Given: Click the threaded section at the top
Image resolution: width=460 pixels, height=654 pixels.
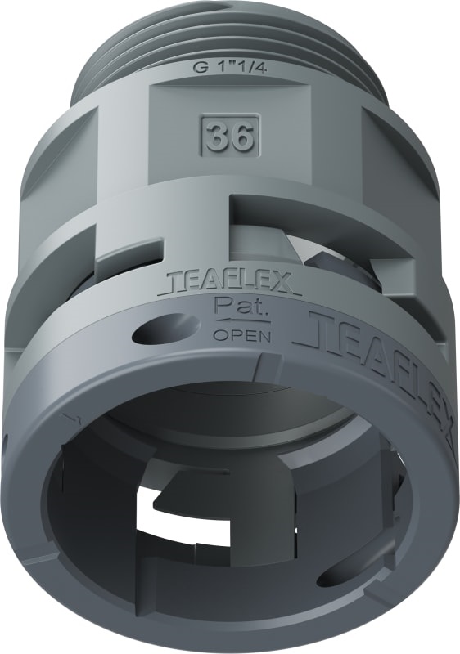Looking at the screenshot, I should tap(229, 33).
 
